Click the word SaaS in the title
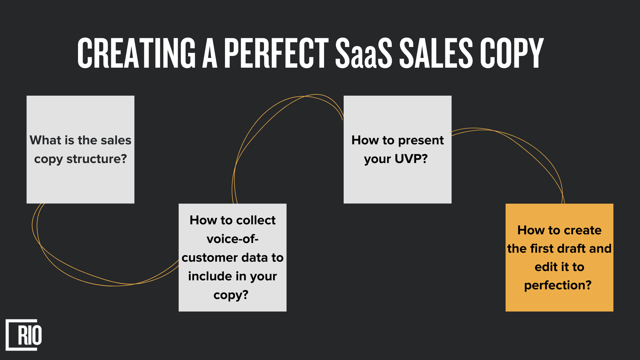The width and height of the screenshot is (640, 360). point(364,53)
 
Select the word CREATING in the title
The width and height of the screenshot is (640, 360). point(136,53)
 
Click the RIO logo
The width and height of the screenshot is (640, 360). point(24,335)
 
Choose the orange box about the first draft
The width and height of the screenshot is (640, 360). point(559,257)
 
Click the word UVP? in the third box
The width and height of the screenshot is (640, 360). point(411,159)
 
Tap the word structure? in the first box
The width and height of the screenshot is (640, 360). point(97,159)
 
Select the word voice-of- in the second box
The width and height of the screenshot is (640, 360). point(233,239)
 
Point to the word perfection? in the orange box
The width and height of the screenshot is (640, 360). point(558,285)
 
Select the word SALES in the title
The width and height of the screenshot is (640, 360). point(436,53)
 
